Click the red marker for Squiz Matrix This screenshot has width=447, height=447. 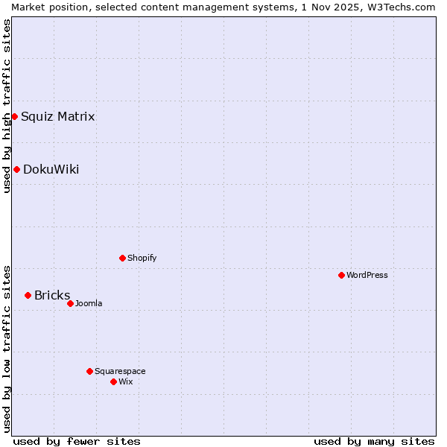click(14, 116)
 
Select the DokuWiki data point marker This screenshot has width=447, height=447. click(16, 169)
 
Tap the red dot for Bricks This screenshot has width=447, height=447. click(28, 295)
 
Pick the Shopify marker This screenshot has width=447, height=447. click(122, 258)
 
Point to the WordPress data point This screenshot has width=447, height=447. click(341, 275)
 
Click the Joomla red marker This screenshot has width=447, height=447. click(70, 303)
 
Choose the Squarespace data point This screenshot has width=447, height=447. click(89, 371)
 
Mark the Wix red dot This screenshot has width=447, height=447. click(113, 381)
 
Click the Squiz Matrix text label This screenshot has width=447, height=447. click(57, 116)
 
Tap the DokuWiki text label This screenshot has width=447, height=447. click(51, 169)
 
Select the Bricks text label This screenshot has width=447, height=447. click(52, 295)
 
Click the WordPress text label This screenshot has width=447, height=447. click(367, 275)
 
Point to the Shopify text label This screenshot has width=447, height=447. click(142, 258)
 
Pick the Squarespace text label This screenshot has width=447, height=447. click(120, 371)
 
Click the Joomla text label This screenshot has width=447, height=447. click(89, 303)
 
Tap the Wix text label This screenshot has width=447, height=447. click(125, 381)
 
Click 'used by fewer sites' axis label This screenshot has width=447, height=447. click(77, 441)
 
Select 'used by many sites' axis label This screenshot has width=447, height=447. click(374, 441)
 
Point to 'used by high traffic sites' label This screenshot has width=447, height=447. click(7, 106)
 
